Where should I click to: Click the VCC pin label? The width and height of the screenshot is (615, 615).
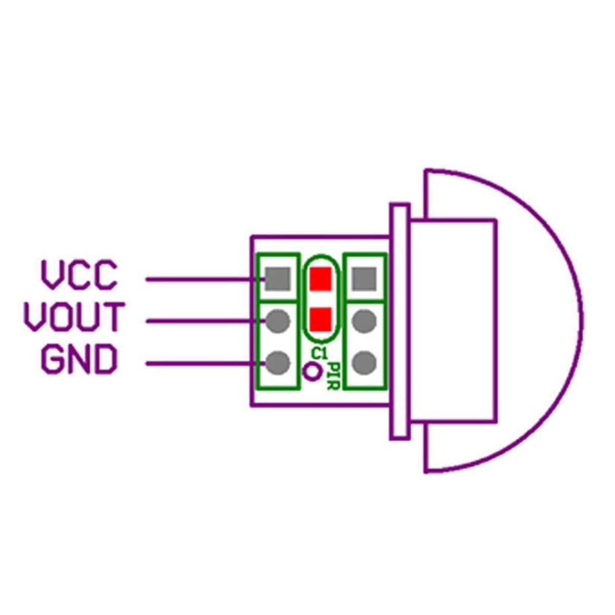coord(79,275)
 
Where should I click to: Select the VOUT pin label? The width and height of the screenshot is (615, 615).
coord(74,316)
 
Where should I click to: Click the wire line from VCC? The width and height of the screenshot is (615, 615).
coord(206,280)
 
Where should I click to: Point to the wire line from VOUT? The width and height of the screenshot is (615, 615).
coord(206,321)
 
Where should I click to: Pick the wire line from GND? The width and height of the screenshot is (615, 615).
coord(206,363)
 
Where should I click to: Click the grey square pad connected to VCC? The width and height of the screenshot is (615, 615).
coord(278,279)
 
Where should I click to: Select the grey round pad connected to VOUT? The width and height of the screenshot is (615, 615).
coord(278,321)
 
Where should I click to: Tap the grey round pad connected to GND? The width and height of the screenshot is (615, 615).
coord(278,363)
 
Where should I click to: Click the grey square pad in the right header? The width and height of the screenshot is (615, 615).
coord(364,279)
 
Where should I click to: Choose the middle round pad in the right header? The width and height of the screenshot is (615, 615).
coord(364,321)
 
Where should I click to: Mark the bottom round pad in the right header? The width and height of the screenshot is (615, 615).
coord(364,363)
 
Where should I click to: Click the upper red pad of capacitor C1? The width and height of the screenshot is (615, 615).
coord(321,279)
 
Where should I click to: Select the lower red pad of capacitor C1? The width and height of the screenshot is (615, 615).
coord(321,319)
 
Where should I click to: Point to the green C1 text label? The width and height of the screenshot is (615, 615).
coord(320,353)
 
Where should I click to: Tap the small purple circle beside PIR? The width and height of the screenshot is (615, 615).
coord(312,372)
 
